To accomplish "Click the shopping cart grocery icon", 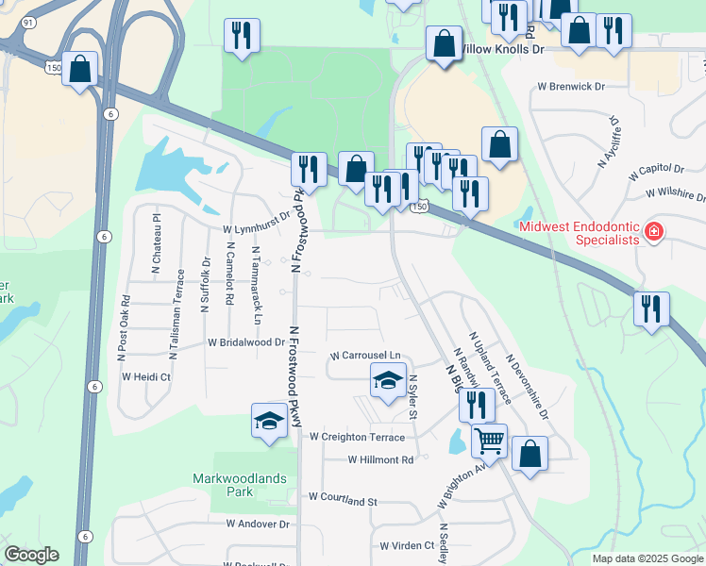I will tap(489, 440).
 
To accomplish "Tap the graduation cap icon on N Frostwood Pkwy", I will tap(269, 419).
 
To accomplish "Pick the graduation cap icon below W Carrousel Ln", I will tap(387, 380).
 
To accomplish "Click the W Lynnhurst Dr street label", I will tap(256, 229).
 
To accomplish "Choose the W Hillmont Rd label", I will tap(380, 460).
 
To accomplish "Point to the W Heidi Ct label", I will tap(145, 376).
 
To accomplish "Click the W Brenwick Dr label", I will tap(570, 87).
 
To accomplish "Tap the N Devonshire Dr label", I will tap(526, 386).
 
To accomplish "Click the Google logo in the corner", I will tap(30, 555).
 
